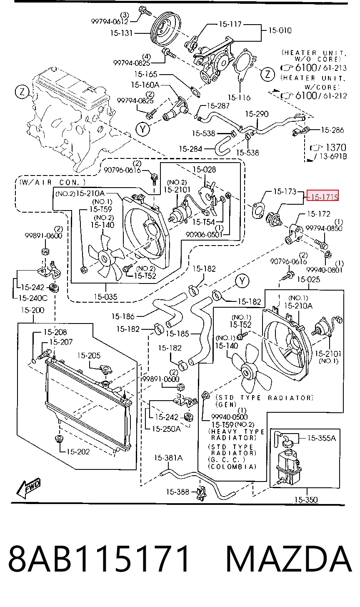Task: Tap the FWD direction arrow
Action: coord(28,488)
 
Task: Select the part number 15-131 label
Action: coord(121,33)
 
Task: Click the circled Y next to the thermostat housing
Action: coord(143,129)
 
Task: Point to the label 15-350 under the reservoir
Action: coord(306,499)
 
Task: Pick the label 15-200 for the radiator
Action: coord(32,310)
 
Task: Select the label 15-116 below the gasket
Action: coord(239,97)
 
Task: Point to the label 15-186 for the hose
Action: coord(123,316)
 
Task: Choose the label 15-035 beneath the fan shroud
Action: coord(105,296)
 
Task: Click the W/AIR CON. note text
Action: coord(52,182)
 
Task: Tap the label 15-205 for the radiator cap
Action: coord(89,355)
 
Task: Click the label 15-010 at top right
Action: coord(280,30)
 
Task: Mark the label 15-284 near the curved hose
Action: coord(190,149)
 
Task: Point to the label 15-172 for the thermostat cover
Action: coord(318,214)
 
